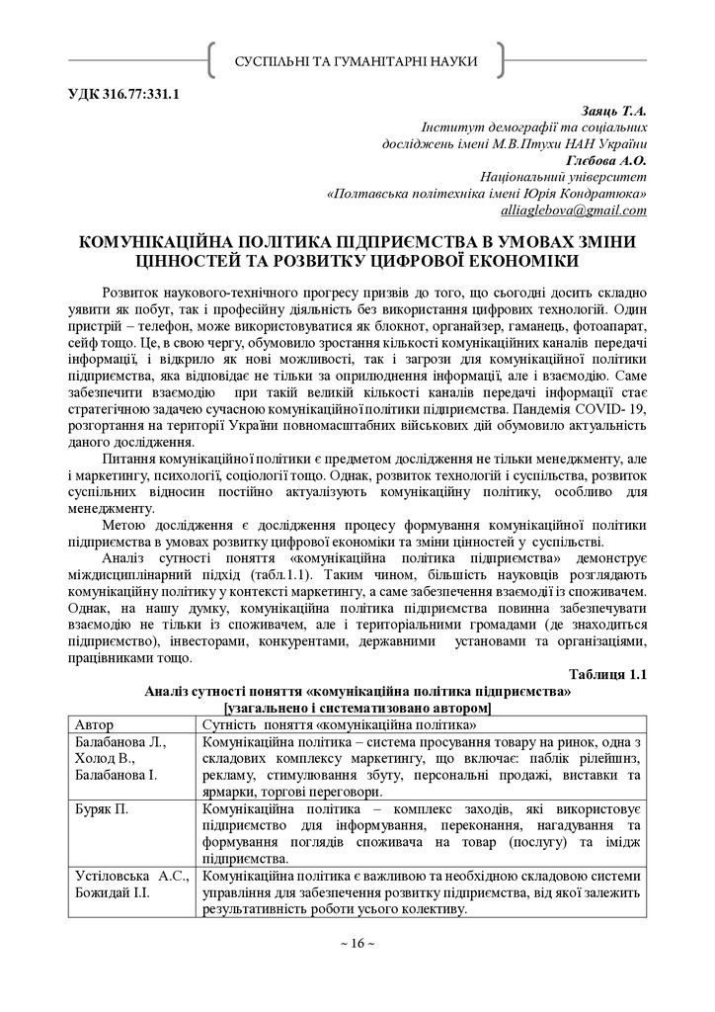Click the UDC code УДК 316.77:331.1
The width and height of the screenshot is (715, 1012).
(123, 95)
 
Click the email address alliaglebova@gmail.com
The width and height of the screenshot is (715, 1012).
(574, 210)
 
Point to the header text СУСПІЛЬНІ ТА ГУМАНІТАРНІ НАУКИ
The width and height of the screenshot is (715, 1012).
(357, 61)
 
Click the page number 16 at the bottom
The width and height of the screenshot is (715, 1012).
(357, 944)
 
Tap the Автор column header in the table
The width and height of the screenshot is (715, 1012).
(95, 725)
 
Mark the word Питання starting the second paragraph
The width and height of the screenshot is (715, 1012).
(132, 460)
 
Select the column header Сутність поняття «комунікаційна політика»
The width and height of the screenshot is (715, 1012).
(334, 725)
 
